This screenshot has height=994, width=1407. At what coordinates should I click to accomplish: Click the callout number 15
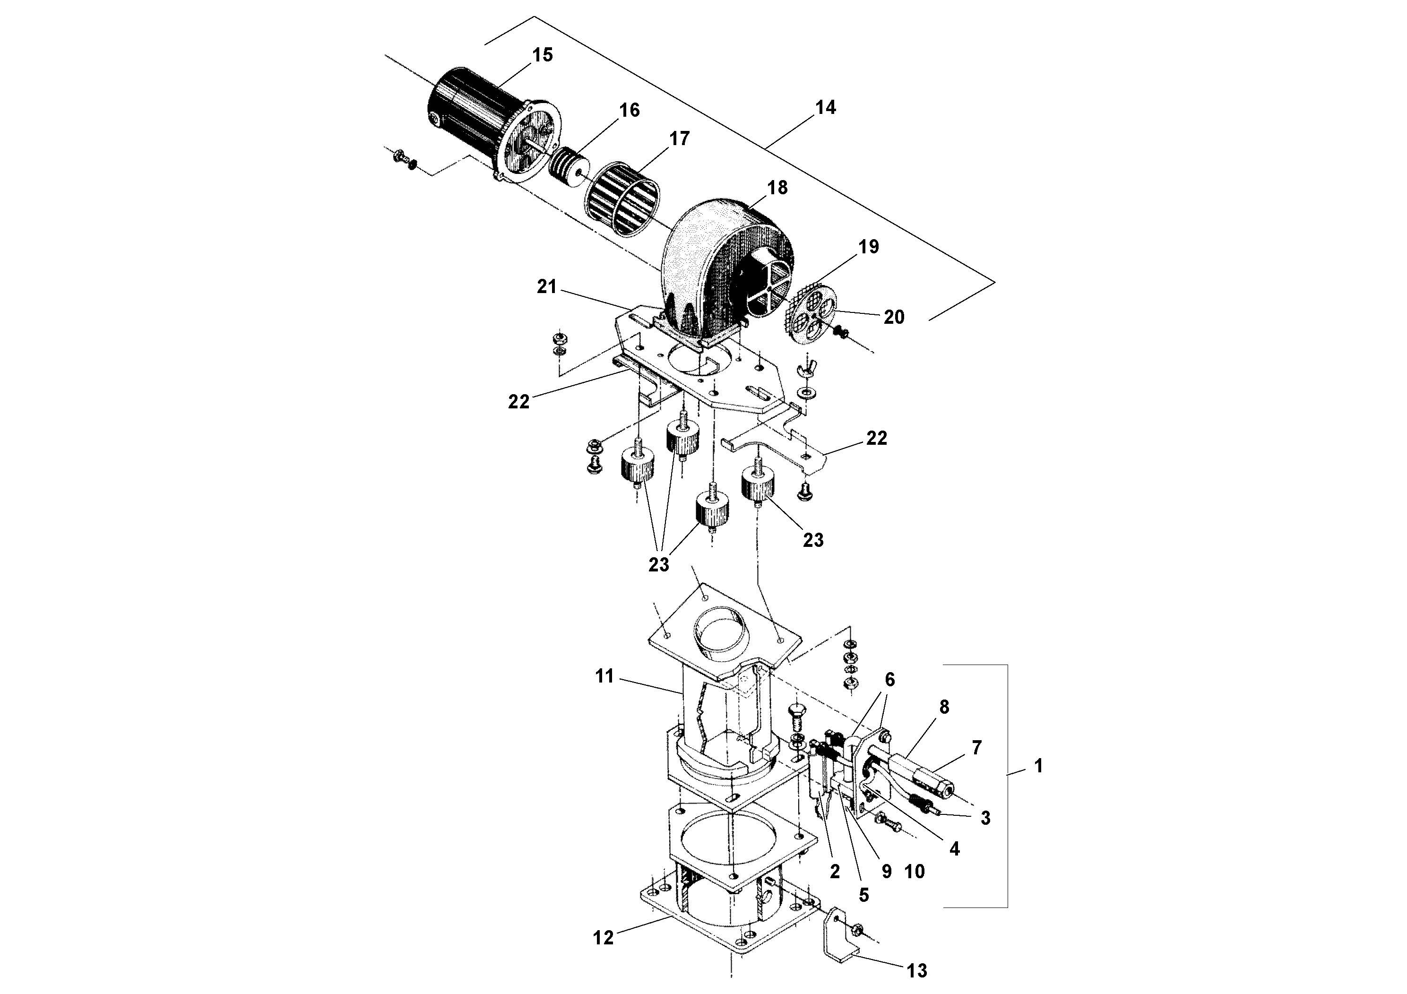[542, 55]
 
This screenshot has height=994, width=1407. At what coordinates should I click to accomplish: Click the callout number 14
[826, 107]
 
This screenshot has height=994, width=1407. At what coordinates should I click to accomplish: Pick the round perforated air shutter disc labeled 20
[811, 314]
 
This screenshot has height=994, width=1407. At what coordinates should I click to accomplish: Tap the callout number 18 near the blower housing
[777, 188]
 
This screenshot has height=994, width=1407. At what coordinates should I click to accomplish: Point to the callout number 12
[603, 938]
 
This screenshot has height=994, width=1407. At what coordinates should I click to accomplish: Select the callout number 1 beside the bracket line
[1037, 766]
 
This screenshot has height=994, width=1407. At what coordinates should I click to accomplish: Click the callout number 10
[915, 872]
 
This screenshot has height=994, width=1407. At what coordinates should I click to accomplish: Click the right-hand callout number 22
[876, 438]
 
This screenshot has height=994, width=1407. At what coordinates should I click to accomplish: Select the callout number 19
[868, 247]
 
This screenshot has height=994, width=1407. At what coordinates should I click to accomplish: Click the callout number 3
[985, 818]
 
